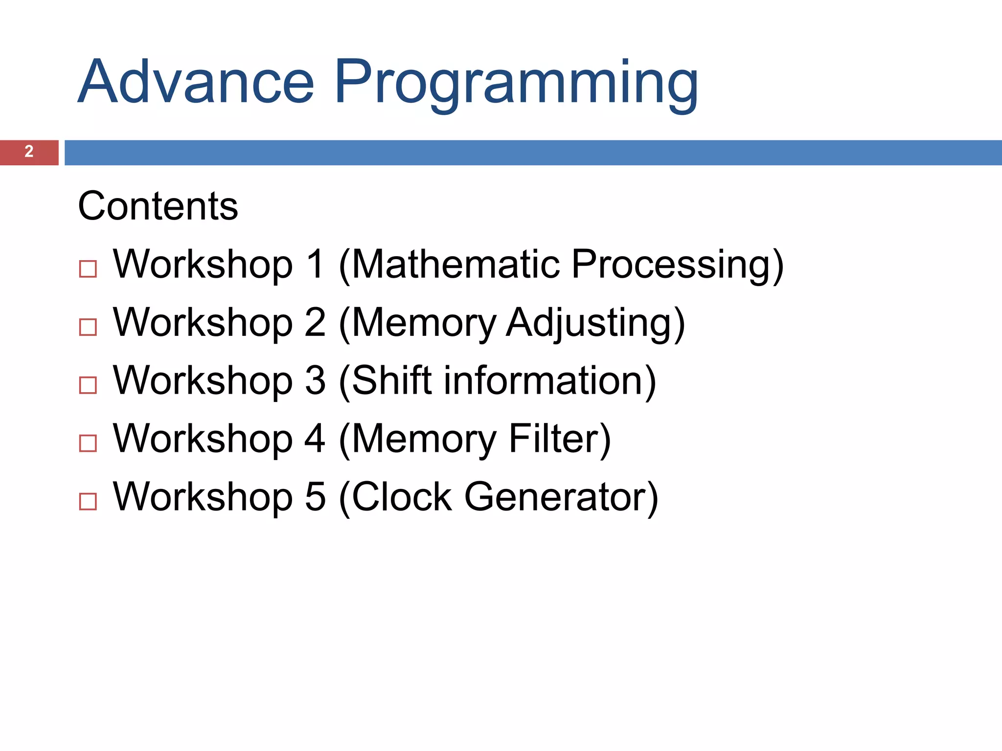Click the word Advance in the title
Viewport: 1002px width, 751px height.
196,82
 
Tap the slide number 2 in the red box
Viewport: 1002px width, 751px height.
29,152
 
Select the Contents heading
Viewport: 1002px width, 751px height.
158,206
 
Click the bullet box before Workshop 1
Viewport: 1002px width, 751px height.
88,269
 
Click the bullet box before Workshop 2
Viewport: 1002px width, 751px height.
88,327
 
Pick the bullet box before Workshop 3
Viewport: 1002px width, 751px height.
88,385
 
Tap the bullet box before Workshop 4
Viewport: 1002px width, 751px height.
88,443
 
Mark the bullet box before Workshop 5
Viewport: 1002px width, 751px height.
88,502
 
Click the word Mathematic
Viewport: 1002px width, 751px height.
455,265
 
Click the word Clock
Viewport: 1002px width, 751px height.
401,497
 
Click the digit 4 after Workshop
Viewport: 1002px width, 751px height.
315,439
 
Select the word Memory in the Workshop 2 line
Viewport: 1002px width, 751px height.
423,323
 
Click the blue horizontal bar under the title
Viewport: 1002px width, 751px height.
533,153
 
